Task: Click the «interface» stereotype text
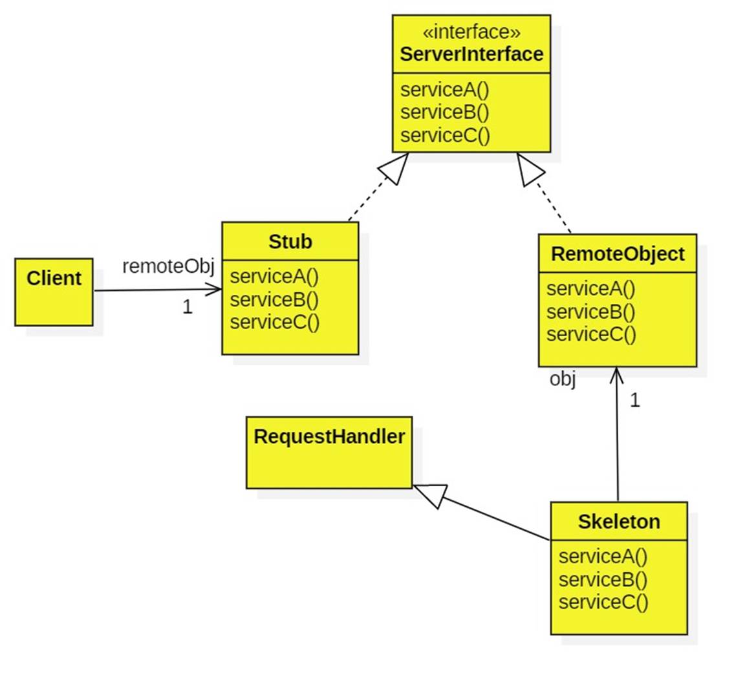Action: [x=471, y=32]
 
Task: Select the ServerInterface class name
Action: [x=471, y=54]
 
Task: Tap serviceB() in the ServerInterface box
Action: [x=445, y=112]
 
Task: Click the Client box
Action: [x=54, y=292]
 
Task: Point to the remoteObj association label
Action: [x=167, y=266]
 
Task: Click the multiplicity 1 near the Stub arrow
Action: [x=187, y=307]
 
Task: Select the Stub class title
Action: [x=290, y=242]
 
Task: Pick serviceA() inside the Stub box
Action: [x=274, y=277]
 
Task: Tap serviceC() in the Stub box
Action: [x=274, y=322]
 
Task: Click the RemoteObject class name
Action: [x=617, y=254]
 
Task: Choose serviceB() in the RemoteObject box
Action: [x=590, y=312]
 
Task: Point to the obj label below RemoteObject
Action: [x=562, y=379]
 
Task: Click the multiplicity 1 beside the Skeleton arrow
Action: [x=634, y=401]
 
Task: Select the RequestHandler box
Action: [x=329, y=452]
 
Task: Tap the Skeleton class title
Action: [x=619, y=522]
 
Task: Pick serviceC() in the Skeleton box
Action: [x=603, y=603]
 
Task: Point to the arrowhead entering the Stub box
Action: [x=215, y=290]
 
